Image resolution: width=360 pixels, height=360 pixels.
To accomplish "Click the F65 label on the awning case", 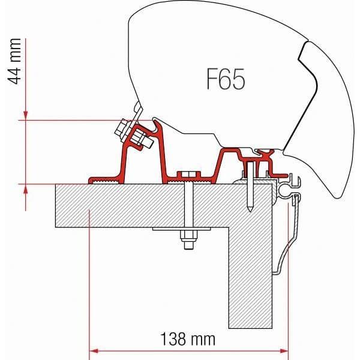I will pyautogui.click(x=221, y=79).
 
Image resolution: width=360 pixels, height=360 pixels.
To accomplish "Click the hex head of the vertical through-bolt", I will pyautogui.click(x=190, y=175).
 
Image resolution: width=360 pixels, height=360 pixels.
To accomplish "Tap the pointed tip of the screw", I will pyautogui.click(x=249, y=210).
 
